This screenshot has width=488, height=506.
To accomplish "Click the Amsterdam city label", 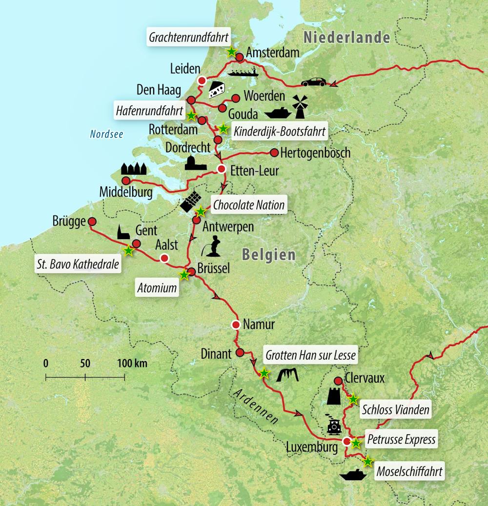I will [x=273, y=52].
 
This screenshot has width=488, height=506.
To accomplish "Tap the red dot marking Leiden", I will [x=201, y=81].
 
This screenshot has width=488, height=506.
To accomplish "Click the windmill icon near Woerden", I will [x=301, y=106].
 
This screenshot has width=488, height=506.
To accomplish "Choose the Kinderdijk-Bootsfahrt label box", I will [x=280, y=131].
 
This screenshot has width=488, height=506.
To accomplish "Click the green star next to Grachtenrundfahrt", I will [x=231, y=52].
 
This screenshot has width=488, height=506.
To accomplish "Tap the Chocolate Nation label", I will [x=249, y=204].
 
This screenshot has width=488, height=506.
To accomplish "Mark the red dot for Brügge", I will [x=92, y=221].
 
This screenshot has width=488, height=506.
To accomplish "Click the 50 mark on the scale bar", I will [x=85, y=364].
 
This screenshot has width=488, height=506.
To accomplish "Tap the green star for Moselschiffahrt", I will [x=367, y=461].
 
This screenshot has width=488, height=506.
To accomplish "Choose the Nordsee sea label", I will [x=106, y=134].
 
